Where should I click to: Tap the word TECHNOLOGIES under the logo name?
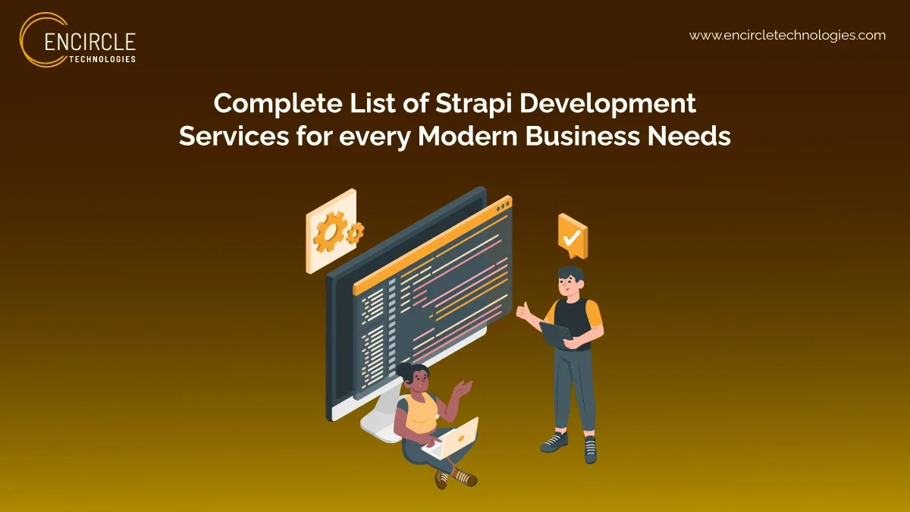pos(102,58)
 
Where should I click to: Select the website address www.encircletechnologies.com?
pos(787,36)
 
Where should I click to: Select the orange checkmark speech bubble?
pos(573,236)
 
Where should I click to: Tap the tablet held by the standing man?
pos(556,335)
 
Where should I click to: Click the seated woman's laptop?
pos(453,439)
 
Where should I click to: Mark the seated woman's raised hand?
pos(464,389)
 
